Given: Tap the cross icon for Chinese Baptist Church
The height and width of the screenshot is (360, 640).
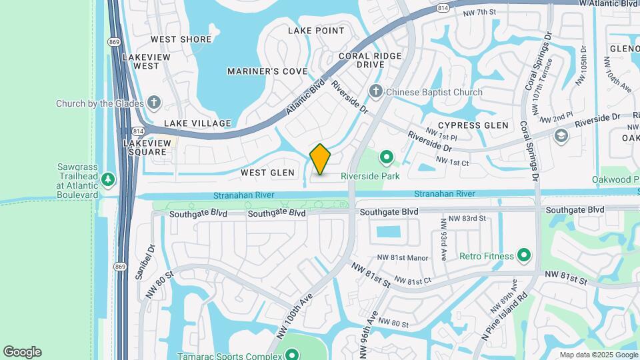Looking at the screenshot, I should (375, 92).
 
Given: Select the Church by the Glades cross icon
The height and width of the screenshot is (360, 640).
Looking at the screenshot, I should (154, 103).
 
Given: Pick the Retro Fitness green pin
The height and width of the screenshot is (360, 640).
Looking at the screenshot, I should (524, 255).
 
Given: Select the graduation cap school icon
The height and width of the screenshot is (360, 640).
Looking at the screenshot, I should (561, 135).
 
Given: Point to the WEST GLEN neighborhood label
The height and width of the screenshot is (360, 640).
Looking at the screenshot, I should (267, 173).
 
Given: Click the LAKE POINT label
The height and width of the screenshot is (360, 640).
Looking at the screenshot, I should (316, 31).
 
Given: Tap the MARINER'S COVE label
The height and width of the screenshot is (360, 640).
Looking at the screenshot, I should (267, 71).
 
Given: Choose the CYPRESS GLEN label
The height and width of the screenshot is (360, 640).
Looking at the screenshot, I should (473, 125).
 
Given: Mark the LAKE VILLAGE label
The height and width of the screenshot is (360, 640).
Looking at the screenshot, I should (197, 123).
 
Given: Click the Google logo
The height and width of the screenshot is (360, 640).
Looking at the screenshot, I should (22, 352).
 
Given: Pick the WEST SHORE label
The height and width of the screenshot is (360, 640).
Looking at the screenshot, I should (182, 39).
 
